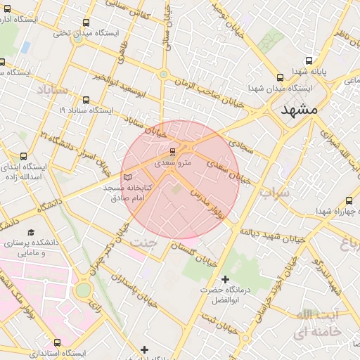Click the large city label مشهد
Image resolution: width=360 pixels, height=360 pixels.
tap(299, 110)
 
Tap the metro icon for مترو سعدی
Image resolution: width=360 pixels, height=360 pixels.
tap(173, 152)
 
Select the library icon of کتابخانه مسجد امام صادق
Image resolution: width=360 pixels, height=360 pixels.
tap(127, 177)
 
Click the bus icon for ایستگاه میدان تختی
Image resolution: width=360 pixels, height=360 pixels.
tap(86, 22)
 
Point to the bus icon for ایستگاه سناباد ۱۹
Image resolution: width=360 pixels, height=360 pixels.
tap(86, 101)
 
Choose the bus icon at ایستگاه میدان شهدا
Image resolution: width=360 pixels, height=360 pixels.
tap(281, 78)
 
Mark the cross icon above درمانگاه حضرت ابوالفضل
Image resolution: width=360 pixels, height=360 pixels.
tap(225, 280)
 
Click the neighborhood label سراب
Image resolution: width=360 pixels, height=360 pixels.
tap(274, 191)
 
